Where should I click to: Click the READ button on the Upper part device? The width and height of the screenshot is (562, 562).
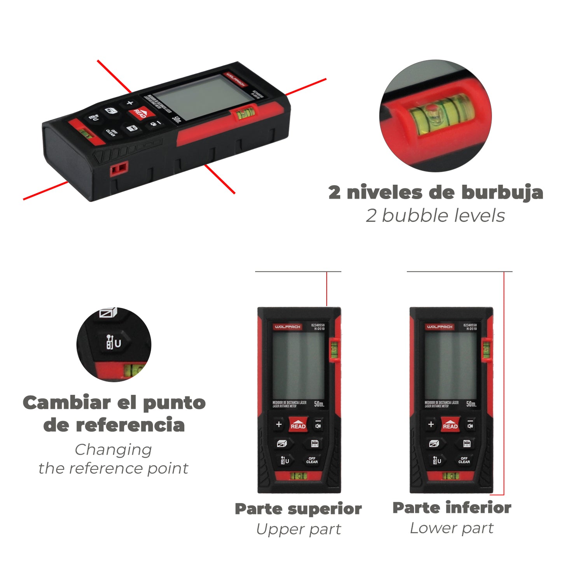[x=298, y=424]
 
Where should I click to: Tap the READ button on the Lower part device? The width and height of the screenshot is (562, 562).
[x=450, y=424]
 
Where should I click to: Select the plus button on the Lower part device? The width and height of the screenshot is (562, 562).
[x=431, y=424]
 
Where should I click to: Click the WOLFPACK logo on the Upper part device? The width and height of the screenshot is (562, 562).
[x=287, y=327]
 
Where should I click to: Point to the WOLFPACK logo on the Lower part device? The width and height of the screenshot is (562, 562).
[x=439, y=327]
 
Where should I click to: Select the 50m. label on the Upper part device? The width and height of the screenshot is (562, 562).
[x=319, y=404]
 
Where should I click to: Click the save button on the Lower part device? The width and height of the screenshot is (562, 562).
[x=467, y=443]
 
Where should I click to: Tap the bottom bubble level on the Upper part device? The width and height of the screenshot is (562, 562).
[x=298, y=476]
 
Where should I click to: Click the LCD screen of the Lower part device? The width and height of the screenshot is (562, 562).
[x=450, y=366]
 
